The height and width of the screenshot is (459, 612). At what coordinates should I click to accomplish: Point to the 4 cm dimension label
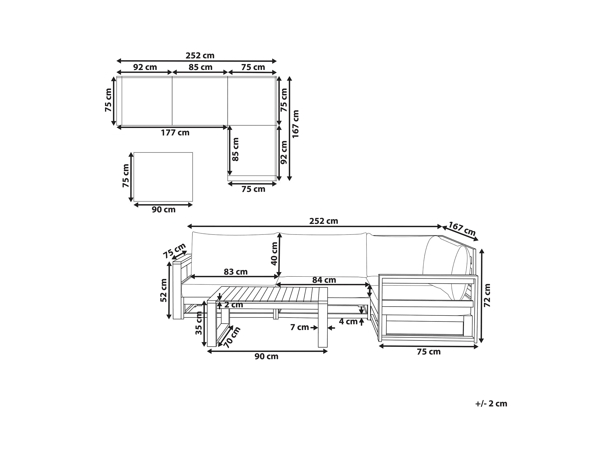click(x=348, y=321)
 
